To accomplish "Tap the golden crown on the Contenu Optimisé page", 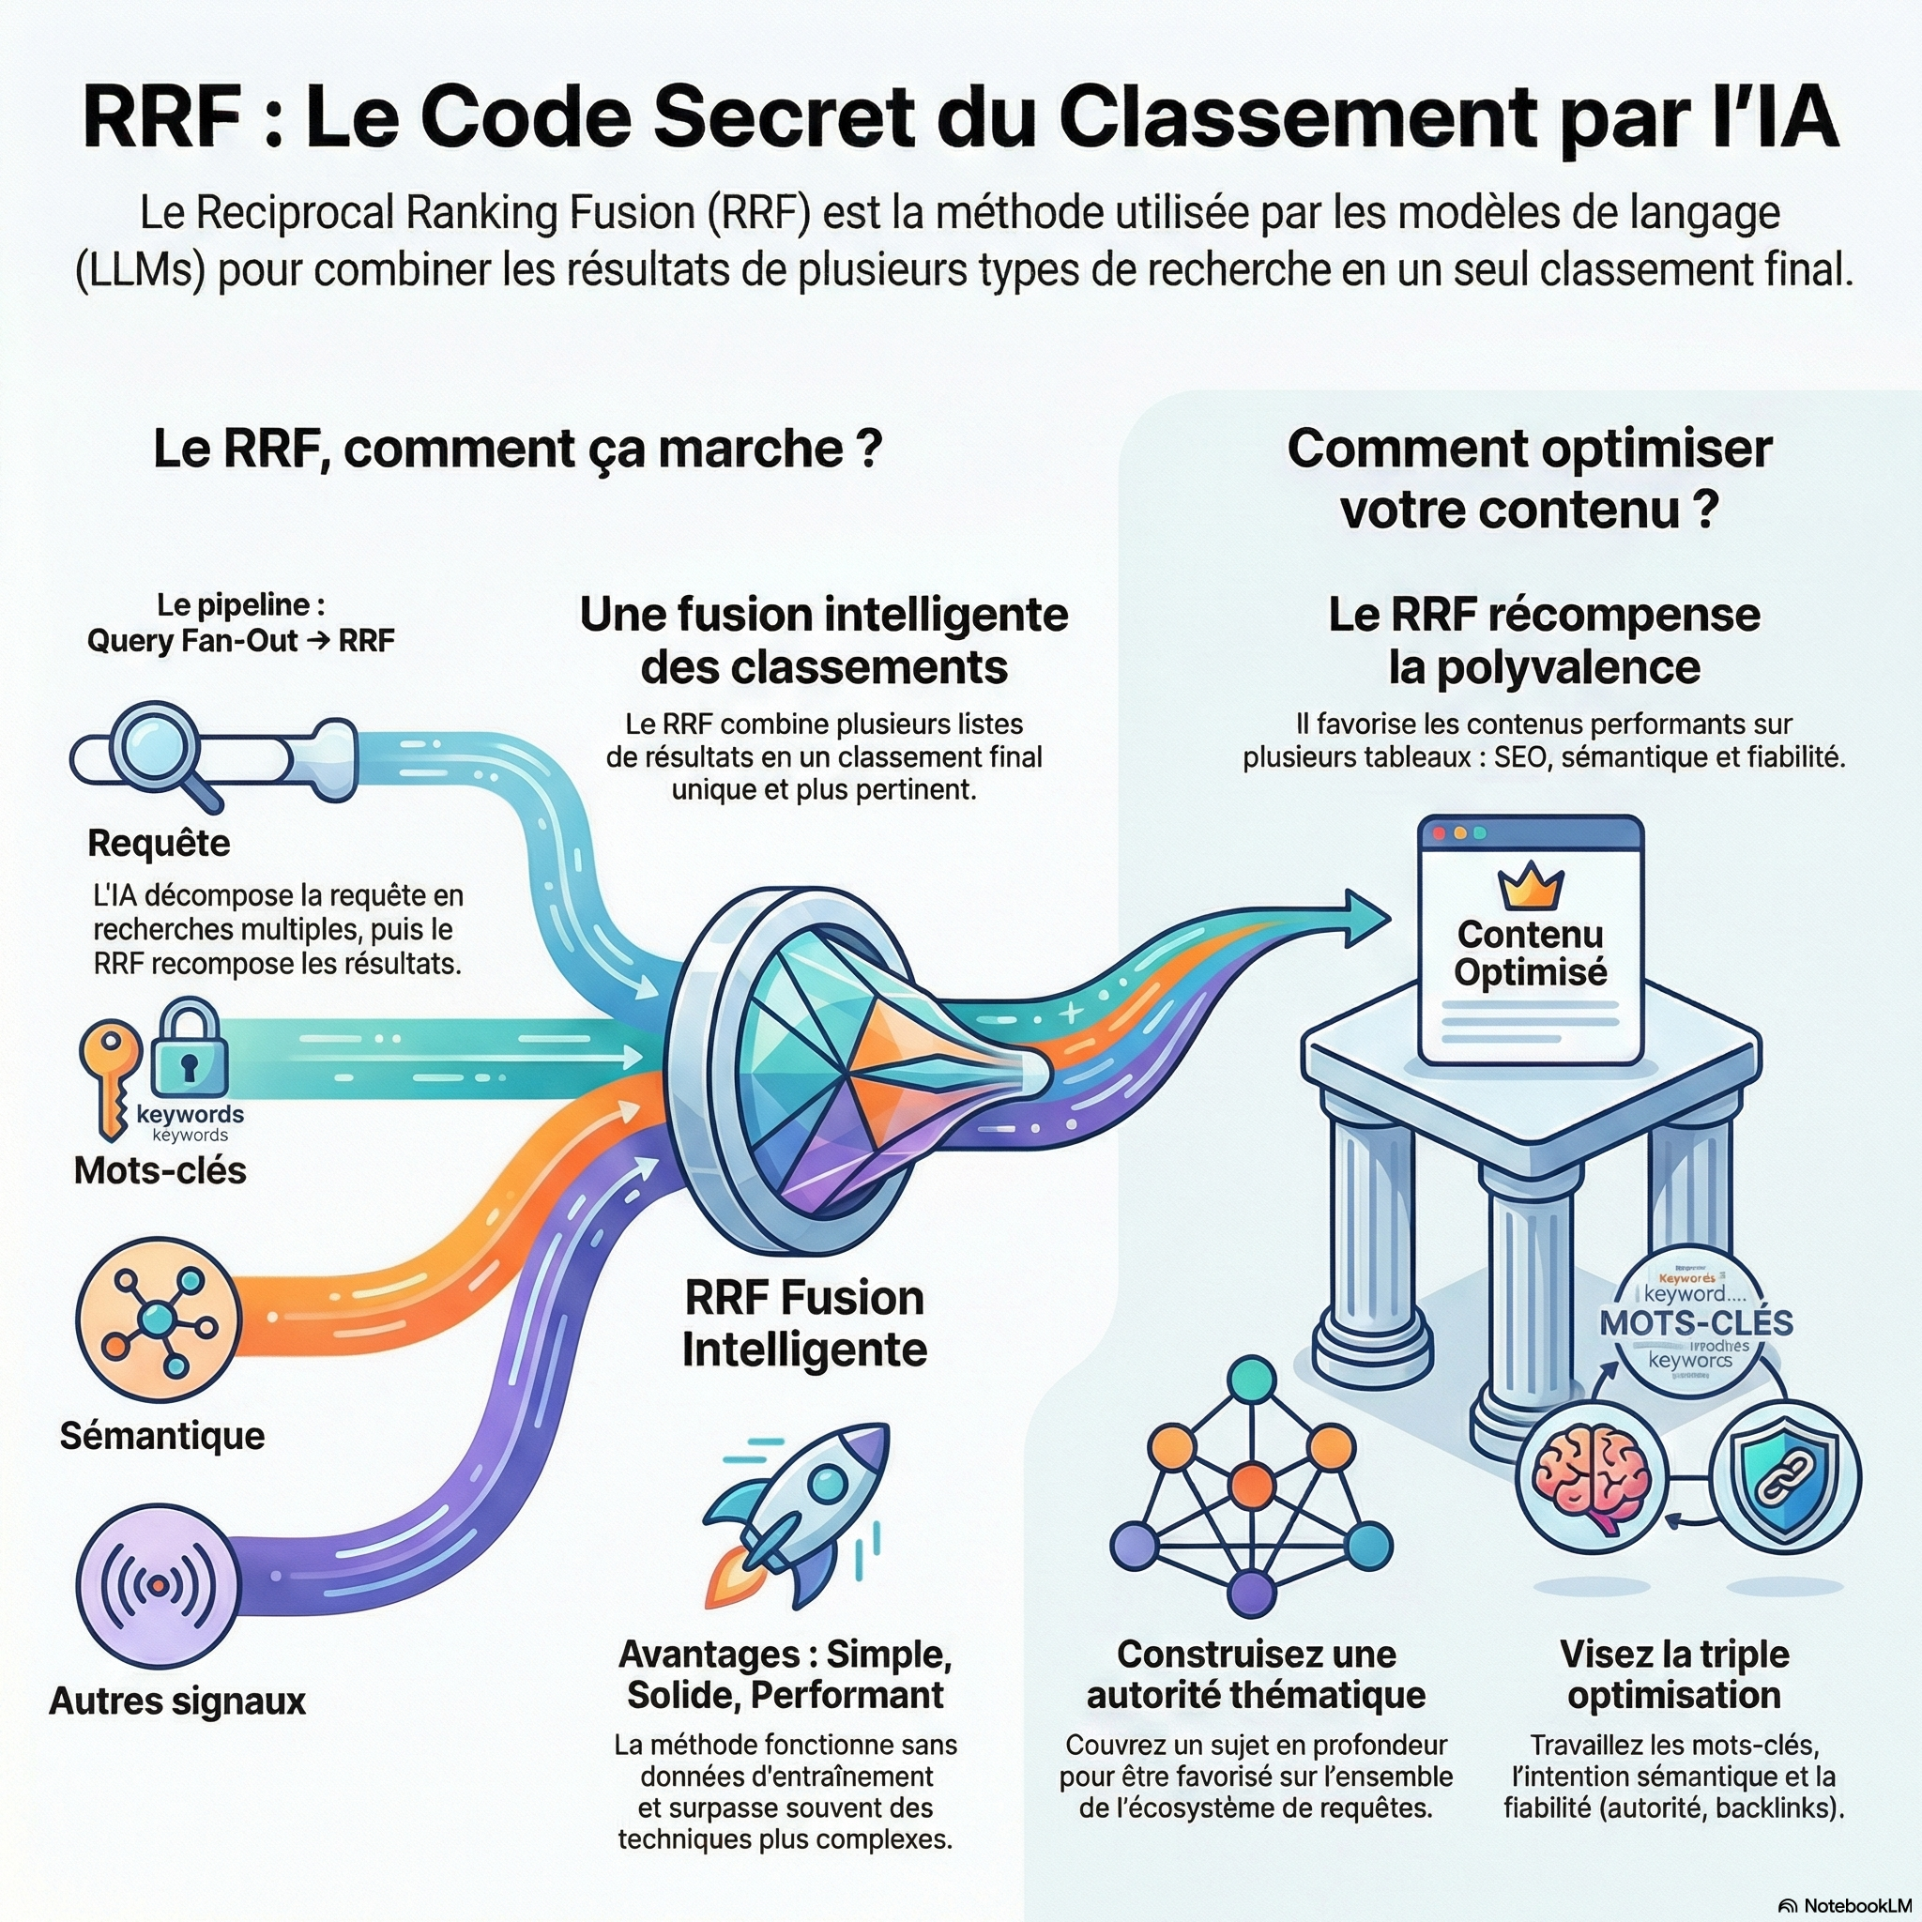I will point(1530,885).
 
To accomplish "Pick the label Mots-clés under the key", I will point(160,1171).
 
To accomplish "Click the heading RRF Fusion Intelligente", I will point(804,1324).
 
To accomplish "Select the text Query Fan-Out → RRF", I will point(241,641).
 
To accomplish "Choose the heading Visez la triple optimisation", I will point(1674,1674).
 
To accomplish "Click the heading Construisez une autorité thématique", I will point(1256,1674).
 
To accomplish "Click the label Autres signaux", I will point(177,1701).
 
